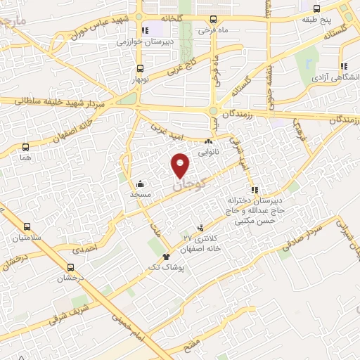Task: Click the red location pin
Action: (181, 165)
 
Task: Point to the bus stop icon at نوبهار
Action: (140, 69)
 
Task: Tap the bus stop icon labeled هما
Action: (26, 148)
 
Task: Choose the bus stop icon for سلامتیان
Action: (27, 227)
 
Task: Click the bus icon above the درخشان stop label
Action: (70, 267)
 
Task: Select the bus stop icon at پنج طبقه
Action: (316, 9)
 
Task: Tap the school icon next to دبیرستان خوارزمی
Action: (145, 30)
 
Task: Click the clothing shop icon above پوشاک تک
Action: (166, 257)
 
